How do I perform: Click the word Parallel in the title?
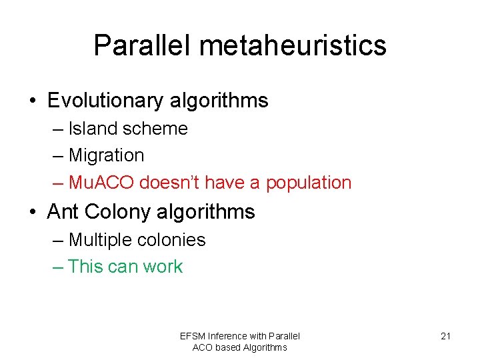pyautogui.click(x=141, y=45)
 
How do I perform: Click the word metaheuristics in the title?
pyautogui.click(x=293, y=45)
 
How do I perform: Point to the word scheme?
pyautogui.click(x=157, y=128)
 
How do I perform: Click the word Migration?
pyautogui.click(x=106, y=155)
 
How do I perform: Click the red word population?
pyautogui.click(x=309, y=183)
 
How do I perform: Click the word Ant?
pyautogui.click(x=63, y=211)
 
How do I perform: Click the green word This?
pyautogui.click(x=85, y=267)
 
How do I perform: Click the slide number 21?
pyautogui.click(x=445, y=336)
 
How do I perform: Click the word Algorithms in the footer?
pyautogui.click(x=265, y=347)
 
